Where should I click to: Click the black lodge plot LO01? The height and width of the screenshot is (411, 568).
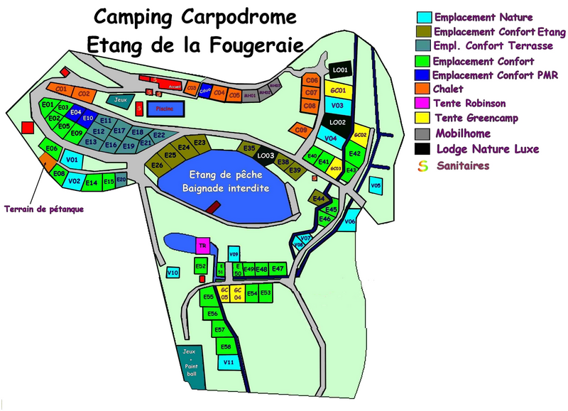340,70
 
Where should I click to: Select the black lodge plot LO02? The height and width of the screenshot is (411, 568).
337,122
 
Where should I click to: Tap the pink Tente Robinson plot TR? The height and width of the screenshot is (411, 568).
202,246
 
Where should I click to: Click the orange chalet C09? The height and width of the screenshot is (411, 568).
301,130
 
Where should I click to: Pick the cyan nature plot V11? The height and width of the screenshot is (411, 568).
229,362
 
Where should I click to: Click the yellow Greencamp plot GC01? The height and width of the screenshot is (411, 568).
339,90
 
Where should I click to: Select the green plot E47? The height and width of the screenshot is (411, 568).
278,269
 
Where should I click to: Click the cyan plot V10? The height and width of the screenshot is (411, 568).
173,272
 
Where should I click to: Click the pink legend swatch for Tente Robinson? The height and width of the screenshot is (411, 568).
424,104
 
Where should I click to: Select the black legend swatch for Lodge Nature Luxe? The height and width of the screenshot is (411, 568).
424,149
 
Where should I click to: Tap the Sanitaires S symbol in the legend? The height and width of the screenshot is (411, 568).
424,165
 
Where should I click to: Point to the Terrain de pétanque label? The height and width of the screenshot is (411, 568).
43,209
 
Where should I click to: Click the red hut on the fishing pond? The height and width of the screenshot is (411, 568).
212,207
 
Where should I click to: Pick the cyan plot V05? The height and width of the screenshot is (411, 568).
376,186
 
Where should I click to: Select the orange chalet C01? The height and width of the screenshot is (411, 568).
60,89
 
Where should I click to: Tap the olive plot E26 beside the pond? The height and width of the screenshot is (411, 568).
157,165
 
